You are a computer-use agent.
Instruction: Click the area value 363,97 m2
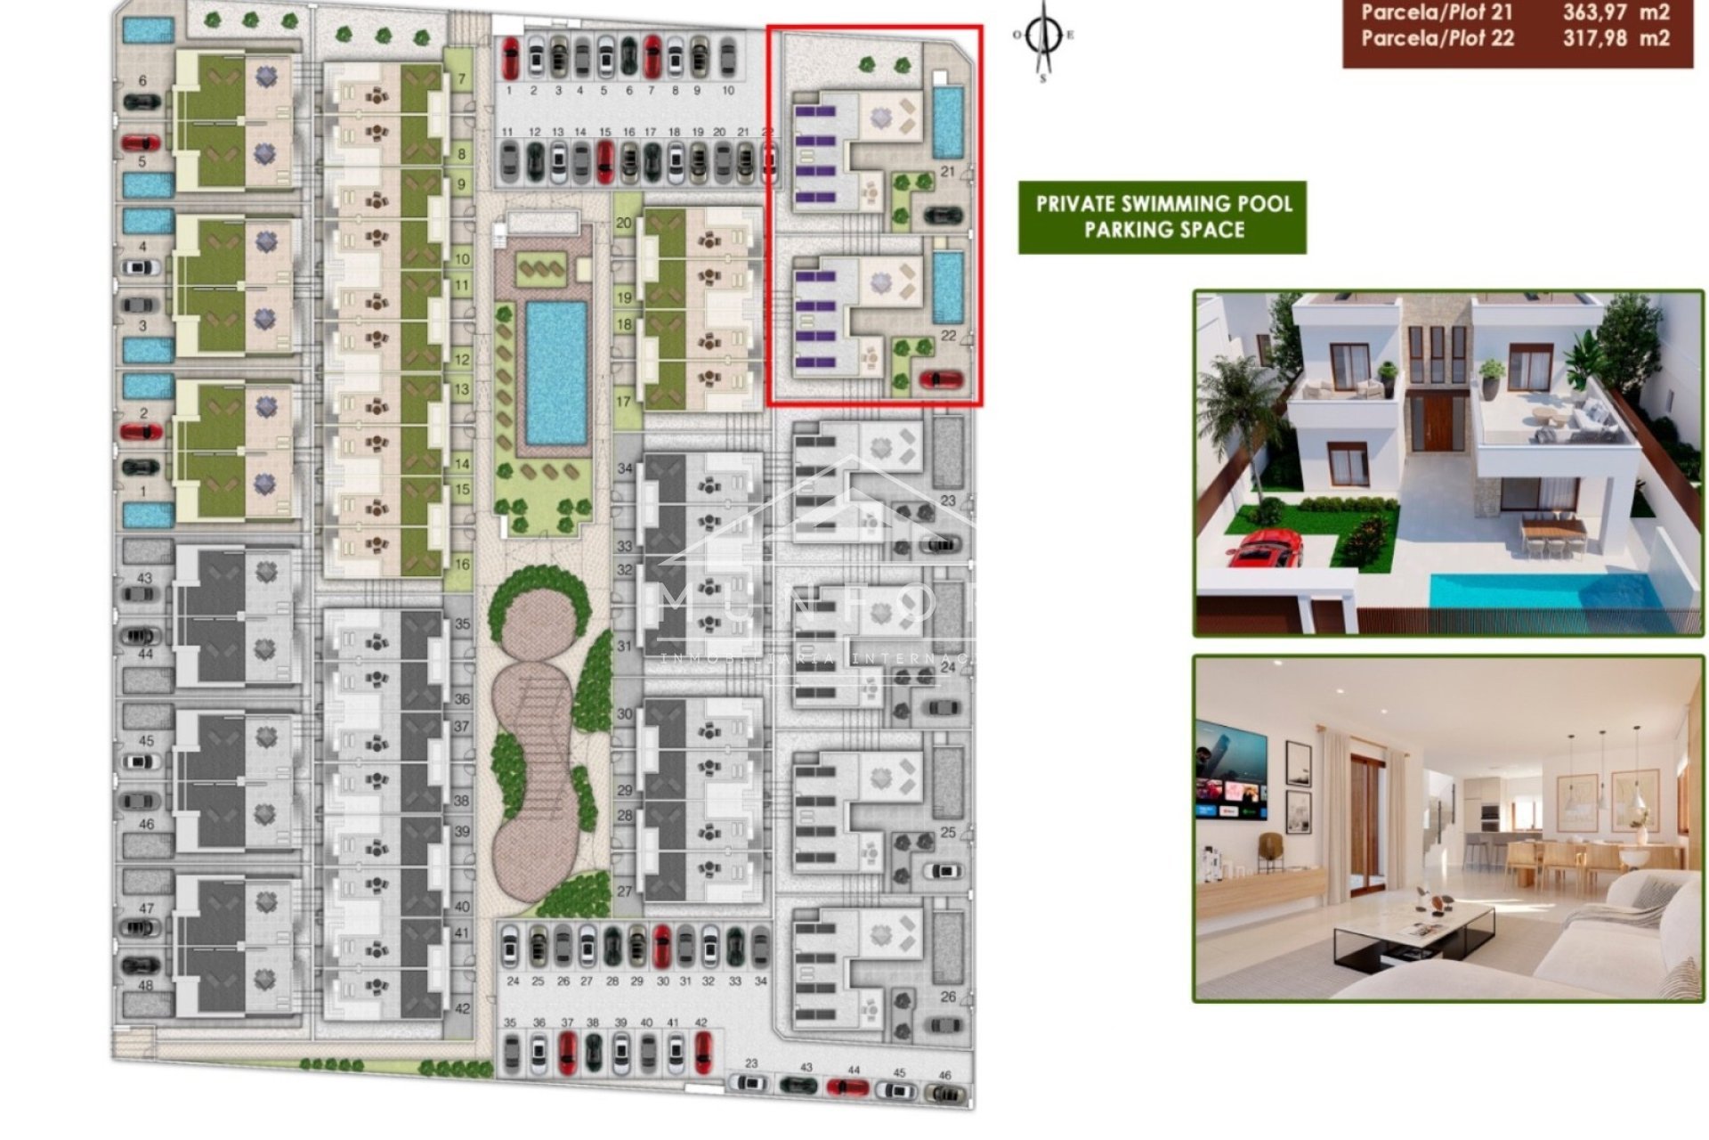pos(1616,12)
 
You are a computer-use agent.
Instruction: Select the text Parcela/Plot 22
pos(1437,38)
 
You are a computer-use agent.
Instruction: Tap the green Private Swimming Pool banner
pos(1162,217)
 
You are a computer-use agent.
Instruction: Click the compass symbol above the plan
pos(1043,37)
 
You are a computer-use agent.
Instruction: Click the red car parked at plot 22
pos(941,380)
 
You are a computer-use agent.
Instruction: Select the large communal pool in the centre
pos(556,373)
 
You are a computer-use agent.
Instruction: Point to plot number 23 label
pos(948,501)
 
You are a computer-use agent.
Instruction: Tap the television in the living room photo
pos(1231,772)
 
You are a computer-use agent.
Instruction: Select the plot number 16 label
pos(462,565)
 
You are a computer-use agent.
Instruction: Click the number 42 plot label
pos(462,1009)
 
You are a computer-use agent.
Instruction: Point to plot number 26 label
pos(948,997)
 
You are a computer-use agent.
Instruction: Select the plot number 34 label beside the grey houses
pos(625,468)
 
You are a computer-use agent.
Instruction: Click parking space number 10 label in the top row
pos(728,91)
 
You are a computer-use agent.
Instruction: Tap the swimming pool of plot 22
pos(948,287)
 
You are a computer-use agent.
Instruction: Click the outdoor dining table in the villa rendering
pos(1552,529)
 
